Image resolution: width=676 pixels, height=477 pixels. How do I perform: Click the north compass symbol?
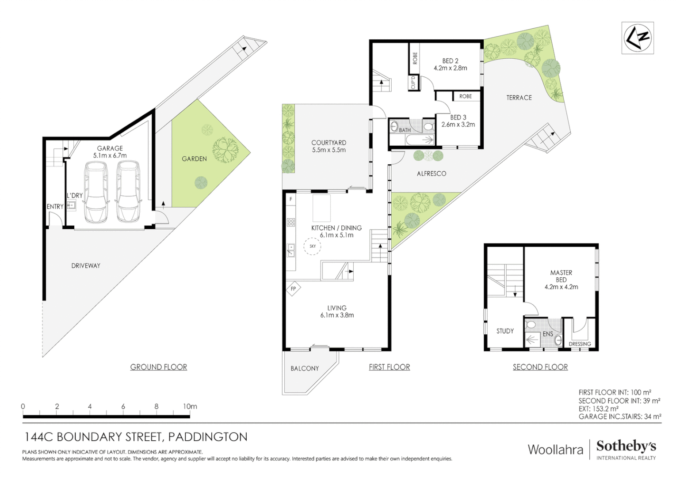[x=637, y=38]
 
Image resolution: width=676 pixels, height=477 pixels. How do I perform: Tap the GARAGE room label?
[x=110, y=148]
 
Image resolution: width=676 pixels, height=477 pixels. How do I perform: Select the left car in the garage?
[x=96, y=192]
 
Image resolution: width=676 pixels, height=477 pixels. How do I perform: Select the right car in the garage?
[x=128, y=192]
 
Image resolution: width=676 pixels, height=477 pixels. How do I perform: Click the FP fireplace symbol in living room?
[x=293, y=289]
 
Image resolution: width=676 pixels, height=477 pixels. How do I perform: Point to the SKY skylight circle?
[x=313, y=246]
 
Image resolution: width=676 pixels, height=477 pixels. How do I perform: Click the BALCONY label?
[x=305, y=368]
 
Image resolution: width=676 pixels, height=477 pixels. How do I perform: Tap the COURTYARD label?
[x=328, y=143]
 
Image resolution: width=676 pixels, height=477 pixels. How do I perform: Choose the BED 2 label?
[x=450, y=61]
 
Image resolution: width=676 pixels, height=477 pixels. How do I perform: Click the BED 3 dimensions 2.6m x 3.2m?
[x=458, y=125]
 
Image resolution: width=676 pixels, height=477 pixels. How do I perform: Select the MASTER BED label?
[x=561, y=276]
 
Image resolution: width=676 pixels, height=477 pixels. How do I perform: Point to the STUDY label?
[x=505, y=331]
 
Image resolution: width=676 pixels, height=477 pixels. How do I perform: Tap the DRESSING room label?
[x=580, y=344]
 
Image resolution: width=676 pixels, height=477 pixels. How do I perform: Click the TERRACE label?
[x=519, y=98]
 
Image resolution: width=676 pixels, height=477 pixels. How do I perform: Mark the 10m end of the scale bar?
[x=190, y=407]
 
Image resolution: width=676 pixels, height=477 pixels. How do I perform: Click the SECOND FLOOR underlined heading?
[x=540, y=367]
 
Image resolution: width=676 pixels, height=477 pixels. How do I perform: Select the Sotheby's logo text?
[x=626, y=446]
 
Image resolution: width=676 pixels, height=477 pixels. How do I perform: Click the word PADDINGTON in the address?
[x=208, y=437]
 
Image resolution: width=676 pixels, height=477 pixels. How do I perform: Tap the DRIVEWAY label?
[x=86, y=265]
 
